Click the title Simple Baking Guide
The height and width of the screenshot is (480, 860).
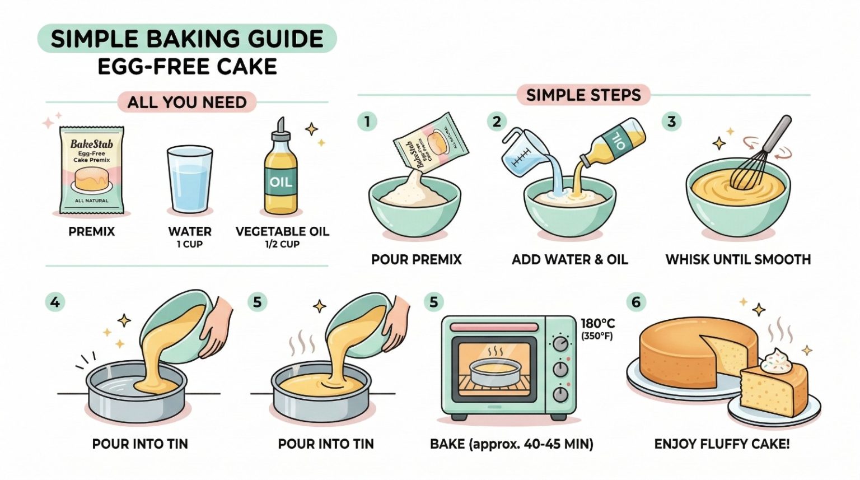point(187,39)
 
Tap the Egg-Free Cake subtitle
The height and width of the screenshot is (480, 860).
point(188,66)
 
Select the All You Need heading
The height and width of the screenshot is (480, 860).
point(187,102)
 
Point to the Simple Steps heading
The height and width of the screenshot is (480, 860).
point(583,95)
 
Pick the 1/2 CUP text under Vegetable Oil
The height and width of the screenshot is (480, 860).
point(282,244)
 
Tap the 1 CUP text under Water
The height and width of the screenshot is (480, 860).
point(190,244)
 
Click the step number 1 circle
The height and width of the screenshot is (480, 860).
point(367,122)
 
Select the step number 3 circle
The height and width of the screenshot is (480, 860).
point(671,122)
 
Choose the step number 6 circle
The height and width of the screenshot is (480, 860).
point(636,302)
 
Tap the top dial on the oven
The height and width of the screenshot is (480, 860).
point(560,343)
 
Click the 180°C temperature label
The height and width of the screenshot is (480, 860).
point(597,323)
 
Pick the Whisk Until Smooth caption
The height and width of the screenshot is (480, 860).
point(739,259)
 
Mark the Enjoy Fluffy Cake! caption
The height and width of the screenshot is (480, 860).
point(722,444)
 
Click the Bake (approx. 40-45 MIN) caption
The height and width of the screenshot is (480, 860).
point(511,444)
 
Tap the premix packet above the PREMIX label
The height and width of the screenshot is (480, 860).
point(91,170)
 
